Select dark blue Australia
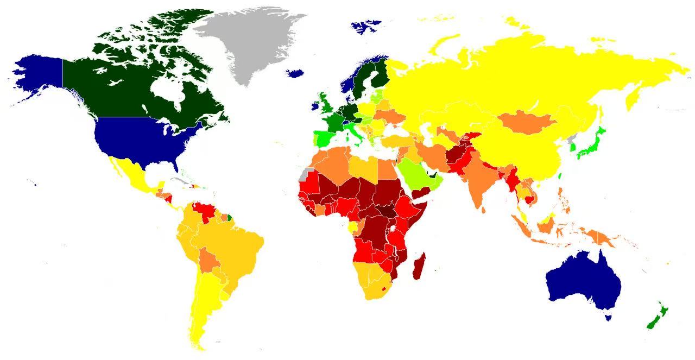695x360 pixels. pos(584,280)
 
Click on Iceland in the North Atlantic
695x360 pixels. pos(295,73)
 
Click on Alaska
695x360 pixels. pos(38,76)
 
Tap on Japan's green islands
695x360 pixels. pos(589,144)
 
